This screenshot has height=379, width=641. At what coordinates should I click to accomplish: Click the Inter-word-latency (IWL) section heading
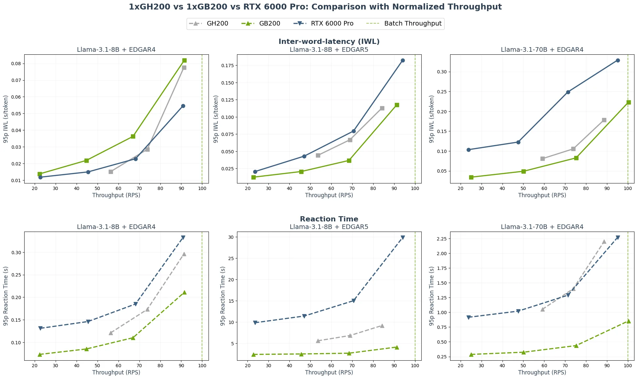pyautogui.click(x=329, y=42)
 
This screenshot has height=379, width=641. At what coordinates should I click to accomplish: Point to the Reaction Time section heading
pyautogui.click(x=329, y=219)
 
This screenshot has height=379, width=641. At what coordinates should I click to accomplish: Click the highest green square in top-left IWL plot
pyautogui.click(x=184, y=61)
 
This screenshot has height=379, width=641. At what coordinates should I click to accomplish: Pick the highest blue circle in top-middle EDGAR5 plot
pyautogui.click(x=403, y=61)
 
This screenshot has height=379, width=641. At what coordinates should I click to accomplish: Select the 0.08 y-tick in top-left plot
pyautogui.click(x=16, y=64)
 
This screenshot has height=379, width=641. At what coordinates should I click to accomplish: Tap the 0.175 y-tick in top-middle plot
pyautogui.click(x=228, y=66)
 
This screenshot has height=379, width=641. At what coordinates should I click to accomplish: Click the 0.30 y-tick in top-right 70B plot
pyautogui.click(x=442, y=72)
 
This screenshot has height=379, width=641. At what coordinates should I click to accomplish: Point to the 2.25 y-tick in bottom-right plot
pyautogui.click(x=442, y=239)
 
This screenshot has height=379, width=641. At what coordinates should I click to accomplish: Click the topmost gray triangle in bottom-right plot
pyautogui.click(x=604, y=242)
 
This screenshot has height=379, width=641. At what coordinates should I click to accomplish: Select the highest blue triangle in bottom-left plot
pyautogui.click(x=183, y=237)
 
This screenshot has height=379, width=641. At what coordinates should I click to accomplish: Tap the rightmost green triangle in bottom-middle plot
pyautogui.click(x=397, y=347)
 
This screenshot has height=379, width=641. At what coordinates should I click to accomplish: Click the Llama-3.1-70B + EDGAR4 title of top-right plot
pyautogui.click(x=542, y=50)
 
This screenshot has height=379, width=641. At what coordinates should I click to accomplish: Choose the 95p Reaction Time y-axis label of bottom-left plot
pyautogui.click(x=6, y=296)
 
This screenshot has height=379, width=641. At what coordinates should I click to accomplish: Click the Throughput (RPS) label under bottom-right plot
pyautogui.click(x=542, y=372)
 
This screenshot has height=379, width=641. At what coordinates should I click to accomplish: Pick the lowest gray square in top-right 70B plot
pyautogui.click(x=542, y=159)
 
